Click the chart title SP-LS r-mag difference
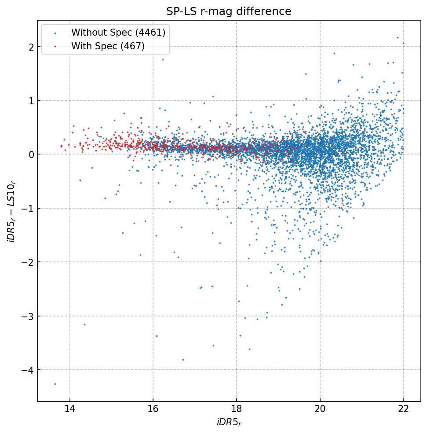[x=229, y=11]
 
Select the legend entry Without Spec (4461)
[x=118, y=33]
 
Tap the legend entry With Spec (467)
[x=108, y=46]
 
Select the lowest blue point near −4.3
[x=55, y=384]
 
